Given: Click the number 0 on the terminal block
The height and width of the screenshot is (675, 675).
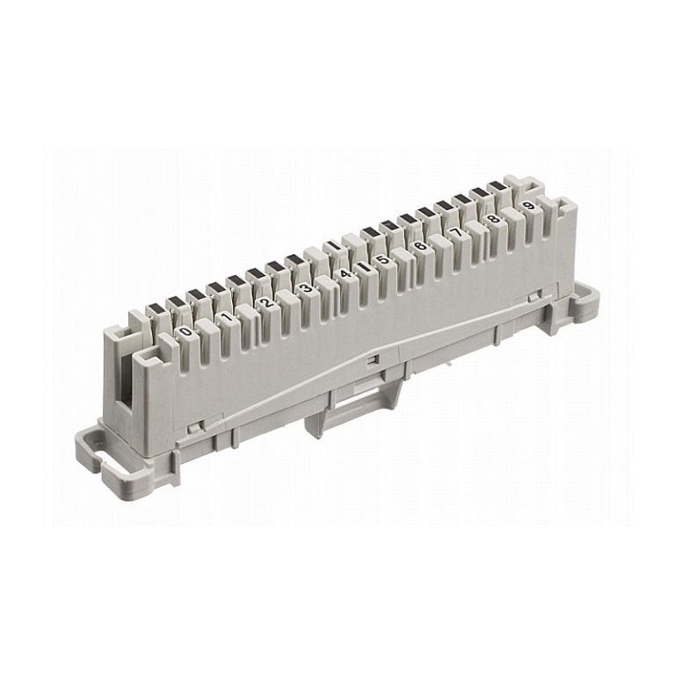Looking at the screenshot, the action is pyautogui.click(x=186, y=331).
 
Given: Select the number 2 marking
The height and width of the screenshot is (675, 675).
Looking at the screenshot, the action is pyautogui.click(x=266, y=302).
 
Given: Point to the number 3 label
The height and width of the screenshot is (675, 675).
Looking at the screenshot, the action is pyautogui.click(x=306, y=287).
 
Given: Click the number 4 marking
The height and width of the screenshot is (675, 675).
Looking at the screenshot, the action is pyautogui.click(x=345, y=273).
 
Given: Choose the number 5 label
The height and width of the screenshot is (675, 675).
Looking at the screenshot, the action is pyautogui.click(x=381, y=259).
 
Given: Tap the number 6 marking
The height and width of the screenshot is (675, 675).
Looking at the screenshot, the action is pyautogui.click(x=419, y=246).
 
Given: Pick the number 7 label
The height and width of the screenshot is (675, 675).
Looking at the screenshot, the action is pyautogui.click(x=456, y=232).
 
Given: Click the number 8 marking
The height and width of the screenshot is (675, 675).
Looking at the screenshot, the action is pyautogui.click(x=494, y=219).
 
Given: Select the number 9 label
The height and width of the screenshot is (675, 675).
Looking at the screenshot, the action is pyautogui.click(x=529, y=206).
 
